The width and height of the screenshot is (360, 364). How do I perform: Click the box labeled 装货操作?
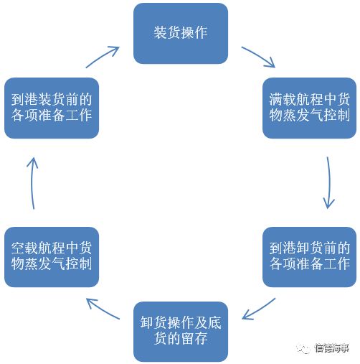[x=181, y=33]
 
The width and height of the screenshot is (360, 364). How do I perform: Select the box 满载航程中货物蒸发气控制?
[x=310, y=108]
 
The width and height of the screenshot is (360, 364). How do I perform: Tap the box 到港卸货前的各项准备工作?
[x=310, y=257]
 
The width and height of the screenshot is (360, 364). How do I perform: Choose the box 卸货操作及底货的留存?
[x=181, y=332]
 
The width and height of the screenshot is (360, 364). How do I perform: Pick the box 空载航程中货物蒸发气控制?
[x=52, y=257]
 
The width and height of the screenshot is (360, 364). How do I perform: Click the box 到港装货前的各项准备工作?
[x=52, y=108]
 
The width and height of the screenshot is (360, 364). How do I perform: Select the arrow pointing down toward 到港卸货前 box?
[x=329, y=182]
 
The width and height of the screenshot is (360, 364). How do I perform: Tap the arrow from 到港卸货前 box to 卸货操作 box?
[x=258, y=309]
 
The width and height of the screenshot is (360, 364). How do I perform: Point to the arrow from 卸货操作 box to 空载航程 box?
[x=103, y=309]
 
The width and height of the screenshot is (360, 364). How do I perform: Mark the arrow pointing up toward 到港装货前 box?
[x=32, y=183]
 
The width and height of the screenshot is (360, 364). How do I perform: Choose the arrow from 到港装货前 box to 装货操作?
[x=103, y=57]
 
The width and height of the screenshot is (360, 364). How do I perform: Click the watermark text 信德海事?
[x=332, y=348]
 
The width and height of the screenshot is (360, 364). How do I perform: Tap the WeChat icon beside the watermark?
[x=303, y=349]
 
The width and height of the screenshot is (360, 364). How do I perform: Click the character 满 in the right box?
[x=276, y=100]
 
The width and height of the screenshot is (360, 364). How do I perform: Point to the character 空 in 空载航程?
[x=18, y=248]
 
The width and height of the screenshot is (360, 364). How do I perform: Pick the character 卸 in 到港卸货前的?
[x=303, y=248]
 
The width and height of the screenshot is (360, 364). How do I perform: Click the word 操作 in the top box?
[x=194, y=33]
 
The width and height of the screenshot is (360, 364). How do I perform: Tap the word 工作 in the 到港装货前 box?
[x=79, y=116]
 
